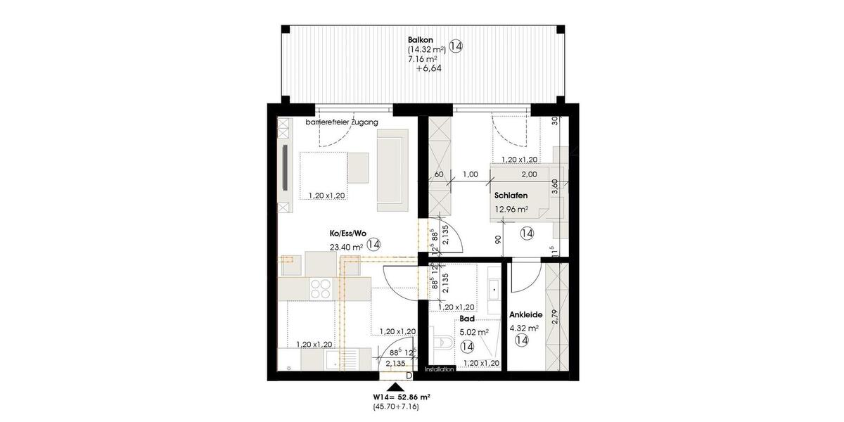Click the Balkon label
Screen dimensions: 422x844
(x=421, y=39)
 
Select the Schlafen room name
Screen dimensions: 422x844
(x=511, y=196)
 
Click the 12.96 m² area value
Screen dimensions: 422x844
(x=511, y=209)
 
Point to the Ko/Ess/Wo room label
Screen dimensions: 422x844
(x=348, y=233)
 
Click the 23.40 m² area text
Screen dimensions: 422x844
(x=346, y=247)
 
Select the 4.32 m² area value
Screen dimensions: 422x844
(x=524, y=328)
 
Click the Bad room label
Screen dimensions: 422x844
(x=466, y=319)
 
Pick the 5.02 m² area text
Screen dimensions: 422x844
(x=474, y=332)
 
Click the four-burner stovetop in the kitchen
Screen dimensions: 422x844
(x=321, y=287)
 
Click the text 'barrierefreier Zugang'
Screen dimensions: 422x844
(x=342, y=122)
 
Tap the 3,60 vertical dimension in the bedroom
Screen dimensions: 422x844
(x=555, y=186)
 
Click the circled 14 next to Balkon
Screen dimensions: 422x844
(x=456, y=47)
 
